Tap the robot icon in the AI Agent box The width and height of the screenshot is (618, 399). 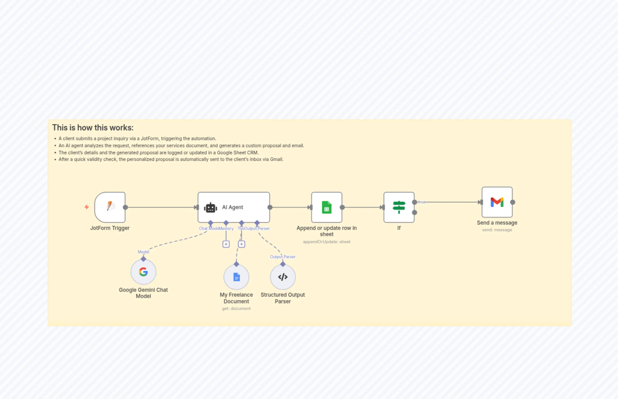(211, 208)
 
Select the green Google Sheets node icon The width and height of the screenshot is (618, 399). (327, 207)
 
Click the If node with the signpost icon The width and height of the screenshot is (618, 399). (399, 207)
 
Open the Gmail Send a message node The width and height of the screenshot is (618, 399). (497, 202)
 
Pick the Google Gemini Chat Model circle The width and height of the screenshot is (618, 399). (143, 272)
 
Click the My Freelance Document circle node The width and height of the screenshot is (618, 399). (236, 277)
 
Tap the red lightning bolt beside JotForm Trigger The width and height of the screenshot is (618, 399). (86, 207)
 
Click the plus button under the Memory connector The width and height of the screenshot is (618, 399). (226, 244)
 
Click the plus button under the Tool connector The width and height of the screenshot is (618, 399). (241, 244)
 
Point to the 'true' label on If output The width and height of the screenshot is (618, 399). (422, 202)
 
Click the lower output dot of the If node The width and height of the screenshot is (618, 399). (415, 212)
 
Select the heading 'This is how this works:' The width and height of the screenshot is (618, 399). (93, 128)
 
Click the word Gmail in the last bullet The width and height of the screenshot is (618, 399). (276, 159)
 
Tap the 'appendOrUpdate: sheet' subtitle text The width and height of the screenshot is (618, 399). (327, 242)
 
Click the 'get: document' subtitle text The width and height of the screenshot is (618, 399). (236, 309)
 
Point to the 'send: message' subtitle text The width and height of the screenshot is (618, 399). (497, 230)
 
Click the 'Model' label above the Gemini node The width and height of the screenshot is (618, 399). (143, 252)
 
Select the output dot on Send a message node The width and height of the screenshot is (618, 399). (512, 202)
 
